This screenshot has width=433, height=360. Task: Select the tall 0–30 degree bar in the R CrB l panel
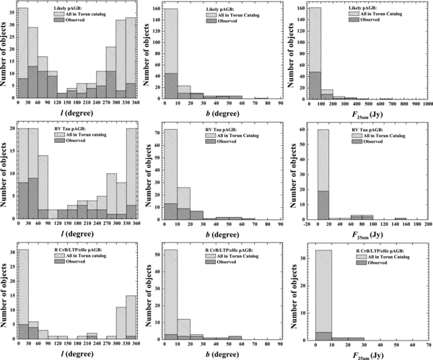(22, 289)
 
